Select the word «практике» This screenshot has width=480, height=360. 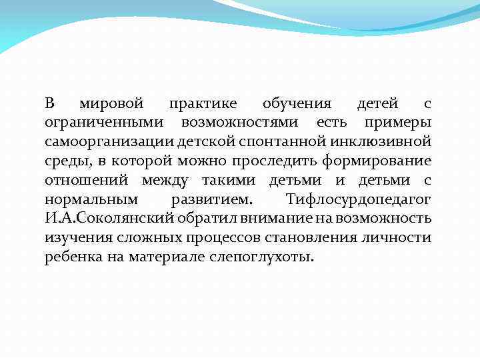click(203, 104)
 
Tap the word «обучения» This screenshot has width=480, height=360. click(297, 104)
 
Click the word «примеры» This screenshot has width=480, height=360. click(398, 123)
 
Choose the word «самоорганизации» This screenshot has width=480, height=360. click(110, 142)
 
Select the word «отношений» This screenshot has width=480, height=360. click(89, 181)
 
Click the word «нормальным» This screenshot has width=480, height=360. click(91, 200)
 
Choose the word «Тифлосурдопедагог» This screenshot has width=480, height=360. click(359, 200)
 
